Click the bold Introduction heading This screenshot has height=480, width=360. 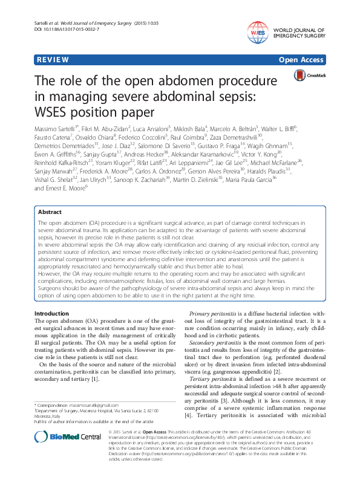click(x=51, y=313)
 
